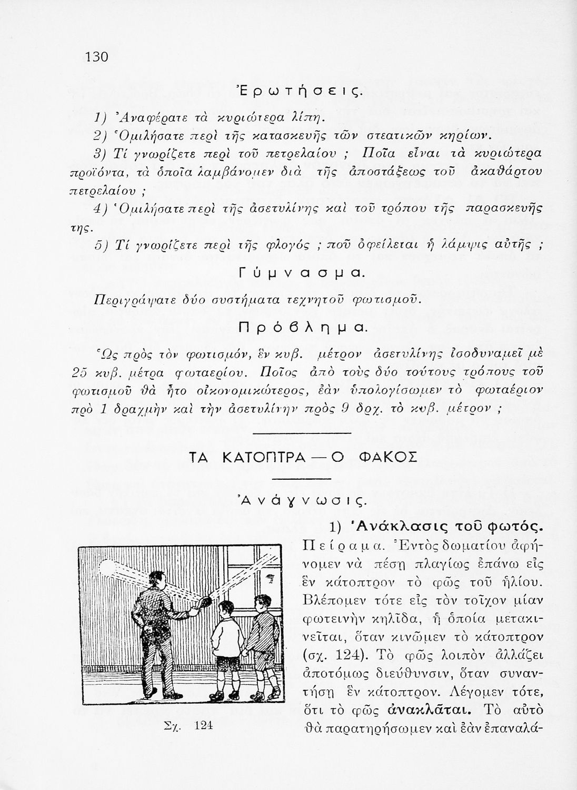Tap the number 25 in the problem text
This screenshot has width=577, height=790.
pos(79,374)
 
